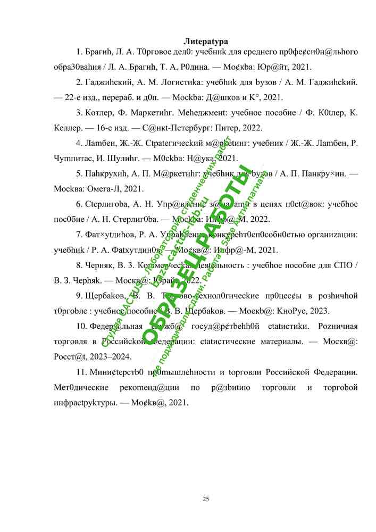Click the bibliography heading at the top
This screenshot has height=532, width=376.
coord(206,41)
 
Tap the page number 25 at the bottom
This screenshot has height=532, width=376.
coord(206,498)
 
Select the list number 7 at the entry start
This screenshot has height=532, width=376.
coord(79,234)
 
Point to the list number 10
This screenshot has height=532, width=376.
coord(81,326)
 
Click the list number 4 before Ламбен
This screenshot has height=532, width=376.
coord(79,143)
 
